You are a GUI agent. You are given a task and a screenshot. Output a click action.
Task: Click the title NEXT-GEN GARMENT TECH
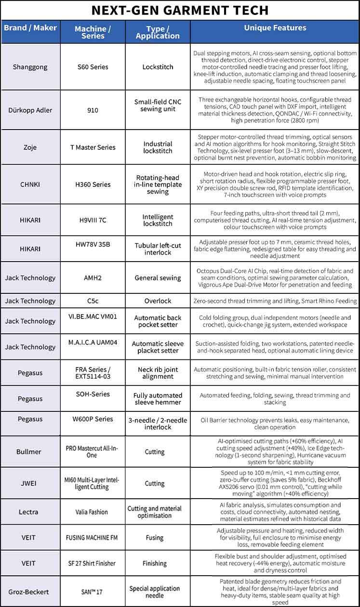point(180,10)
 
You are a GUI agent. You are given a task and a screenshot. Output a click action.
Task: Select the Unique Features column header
point(275,28)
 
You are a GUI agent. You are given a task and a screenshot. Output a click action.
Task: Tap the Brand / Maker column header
point(30,27)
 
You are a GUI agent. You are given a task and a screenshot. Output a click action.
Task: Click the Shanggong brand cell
point(30,67)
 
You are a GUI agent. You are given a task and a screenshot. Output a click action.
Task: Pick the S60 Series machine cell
point(93,67)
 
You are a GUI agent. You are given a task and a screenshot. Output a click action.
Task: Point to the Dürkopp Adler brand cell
point(30,110)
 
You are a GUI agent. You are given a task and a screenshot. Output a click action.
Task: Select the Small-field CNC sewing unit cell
point(158,106)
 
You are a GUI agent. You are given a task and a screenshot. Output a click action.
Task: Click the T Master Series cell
point(93,147)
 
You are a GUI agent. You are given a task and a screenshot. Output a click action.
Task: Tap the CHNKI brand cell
point(30,185)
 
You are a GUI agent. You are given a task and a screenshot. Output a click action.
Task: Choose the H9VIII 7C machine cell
point(93,220)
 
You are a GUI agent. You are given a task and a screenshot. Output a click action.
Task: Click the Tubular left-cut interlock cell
point(158,249)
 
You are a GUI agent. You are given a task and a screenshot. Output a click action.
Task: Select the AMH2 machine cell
point(93,278)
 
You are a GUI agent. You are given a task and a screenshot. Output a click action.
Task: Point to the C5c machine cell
point(93,301)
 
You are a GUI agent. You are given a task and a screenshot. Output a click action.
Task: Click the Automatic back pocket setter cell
point(158,321)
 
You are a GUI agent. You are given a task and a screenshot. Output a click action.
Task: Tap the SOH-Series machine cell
point(93,394)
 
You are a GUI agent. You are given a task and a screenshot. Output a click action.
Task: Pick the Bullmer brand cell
point(30,452)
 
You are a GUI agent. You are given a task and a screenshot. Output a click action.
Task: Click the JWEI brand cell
point(30,483)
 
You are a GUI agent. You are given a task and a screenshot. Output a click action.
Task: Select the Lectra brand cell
point(30,512)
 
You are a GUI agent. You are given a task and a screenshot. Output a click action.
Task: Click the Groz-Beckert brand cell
point(30,591)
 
